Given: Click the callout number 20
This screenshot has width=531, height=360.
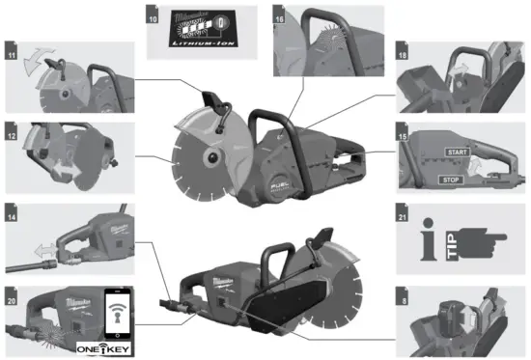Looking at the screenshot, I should tap(12, 289).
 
